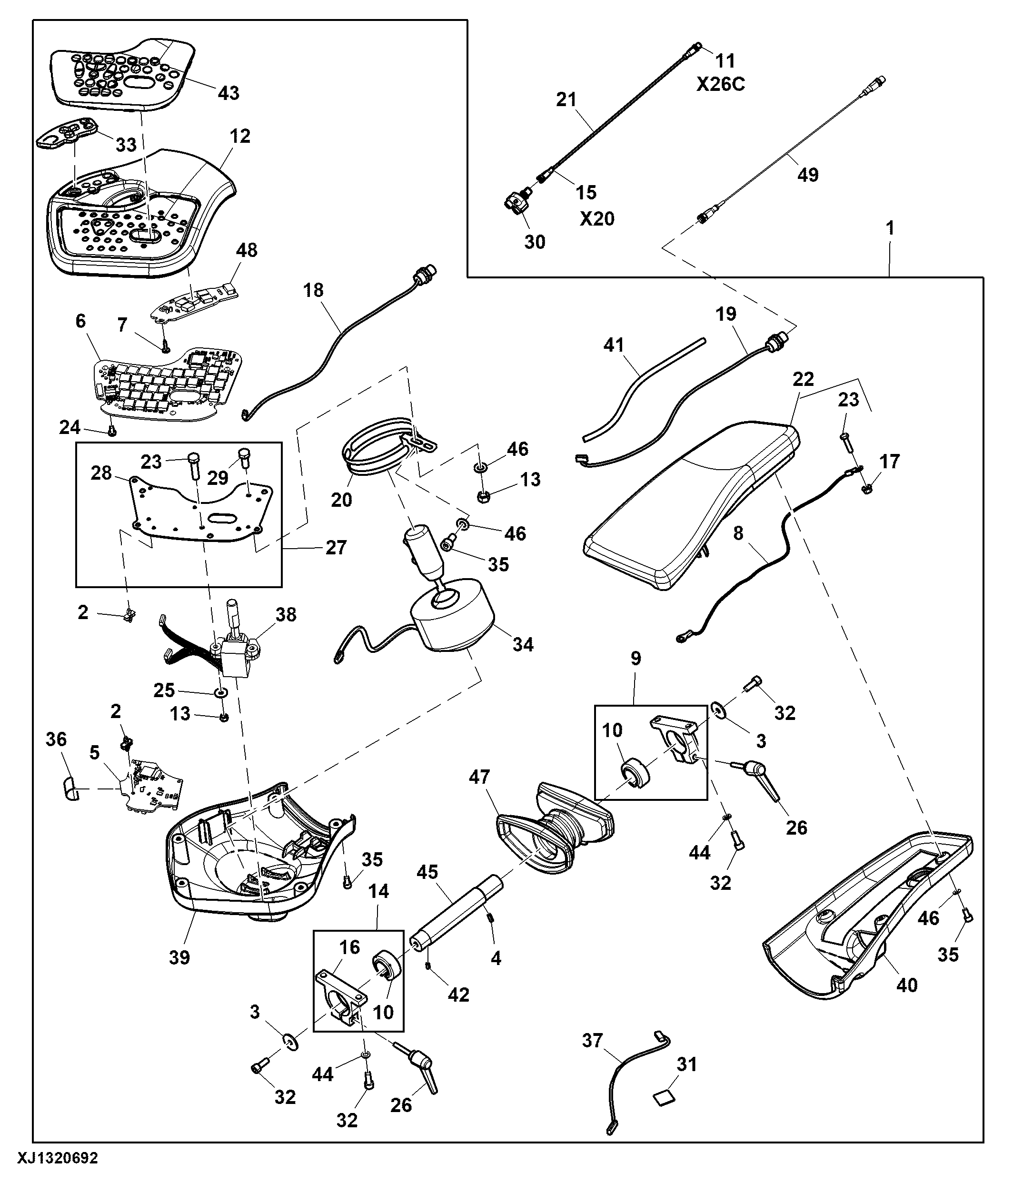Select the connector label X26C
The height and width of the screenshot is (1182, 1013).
click(x=721, y=84)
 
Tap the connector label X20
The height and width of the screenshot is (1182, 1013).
click(x=597, y=218)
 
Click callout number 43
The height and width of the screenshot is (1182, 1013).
click(x=229, y=93)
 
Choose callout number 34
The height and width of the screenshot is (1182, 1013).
click(x=523, y=645)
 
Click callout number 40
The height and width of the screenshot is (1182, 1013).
click(x=907, y=985)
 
